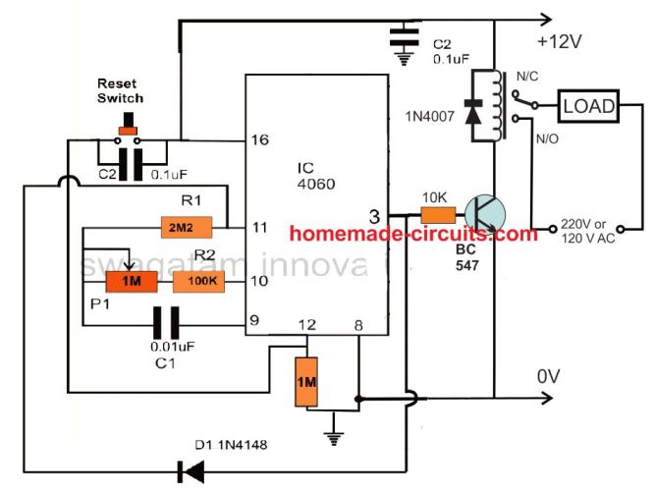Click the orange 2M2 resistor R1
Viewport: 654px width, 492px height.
click(186, 227)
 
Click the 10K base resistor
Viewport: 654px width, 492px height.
click(438, 215)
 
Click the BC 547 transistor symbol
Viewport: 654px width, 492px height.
click(485, 215)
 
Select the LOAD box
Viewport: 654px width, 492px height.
click(588, 105)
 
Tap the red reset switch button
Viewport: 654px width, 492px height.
click(127, 129)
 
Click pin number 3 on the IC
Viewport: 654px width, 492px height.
click(373, 215)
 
